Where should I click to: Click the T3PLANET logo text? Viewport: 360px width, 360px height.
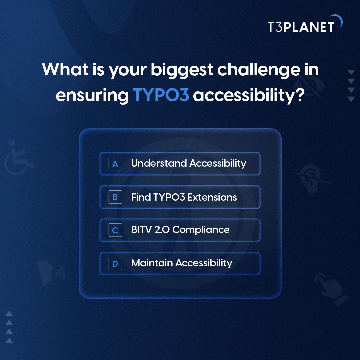coord(301,27)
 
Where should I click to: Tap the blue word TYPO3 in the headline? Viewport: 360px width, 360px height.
coord(161,94)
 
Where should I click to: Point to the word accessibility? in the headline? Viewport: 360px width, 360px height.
coord(249,95)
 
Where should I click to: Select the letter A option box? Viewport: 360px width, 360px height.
coord(115,163)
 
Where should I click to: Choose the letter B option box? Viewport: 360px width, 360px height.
coord(115,197)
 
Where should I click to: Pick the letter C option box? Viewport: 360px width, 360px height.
coord(115,230)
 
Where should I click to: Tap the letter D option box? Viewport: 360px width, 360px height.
coord(115,264)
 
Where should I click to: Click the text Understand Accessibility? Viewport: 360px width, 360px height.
coord(188,163)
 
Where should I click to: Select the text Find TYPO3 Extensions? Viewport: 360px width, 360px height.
coord(184,197)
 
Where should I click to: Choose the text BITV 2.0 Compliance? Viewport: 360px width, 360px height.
coord(180,230)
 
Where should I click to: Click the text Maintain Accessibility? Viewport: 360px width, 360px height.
coord(181,263)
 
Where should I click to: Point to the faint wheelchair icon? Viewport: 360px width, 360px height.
coord(19,158)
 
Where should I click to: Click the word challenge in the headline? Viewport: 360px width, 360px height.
coord(259,70)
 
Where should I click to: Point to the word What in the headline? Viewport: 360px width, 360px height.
coord(65,69)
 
